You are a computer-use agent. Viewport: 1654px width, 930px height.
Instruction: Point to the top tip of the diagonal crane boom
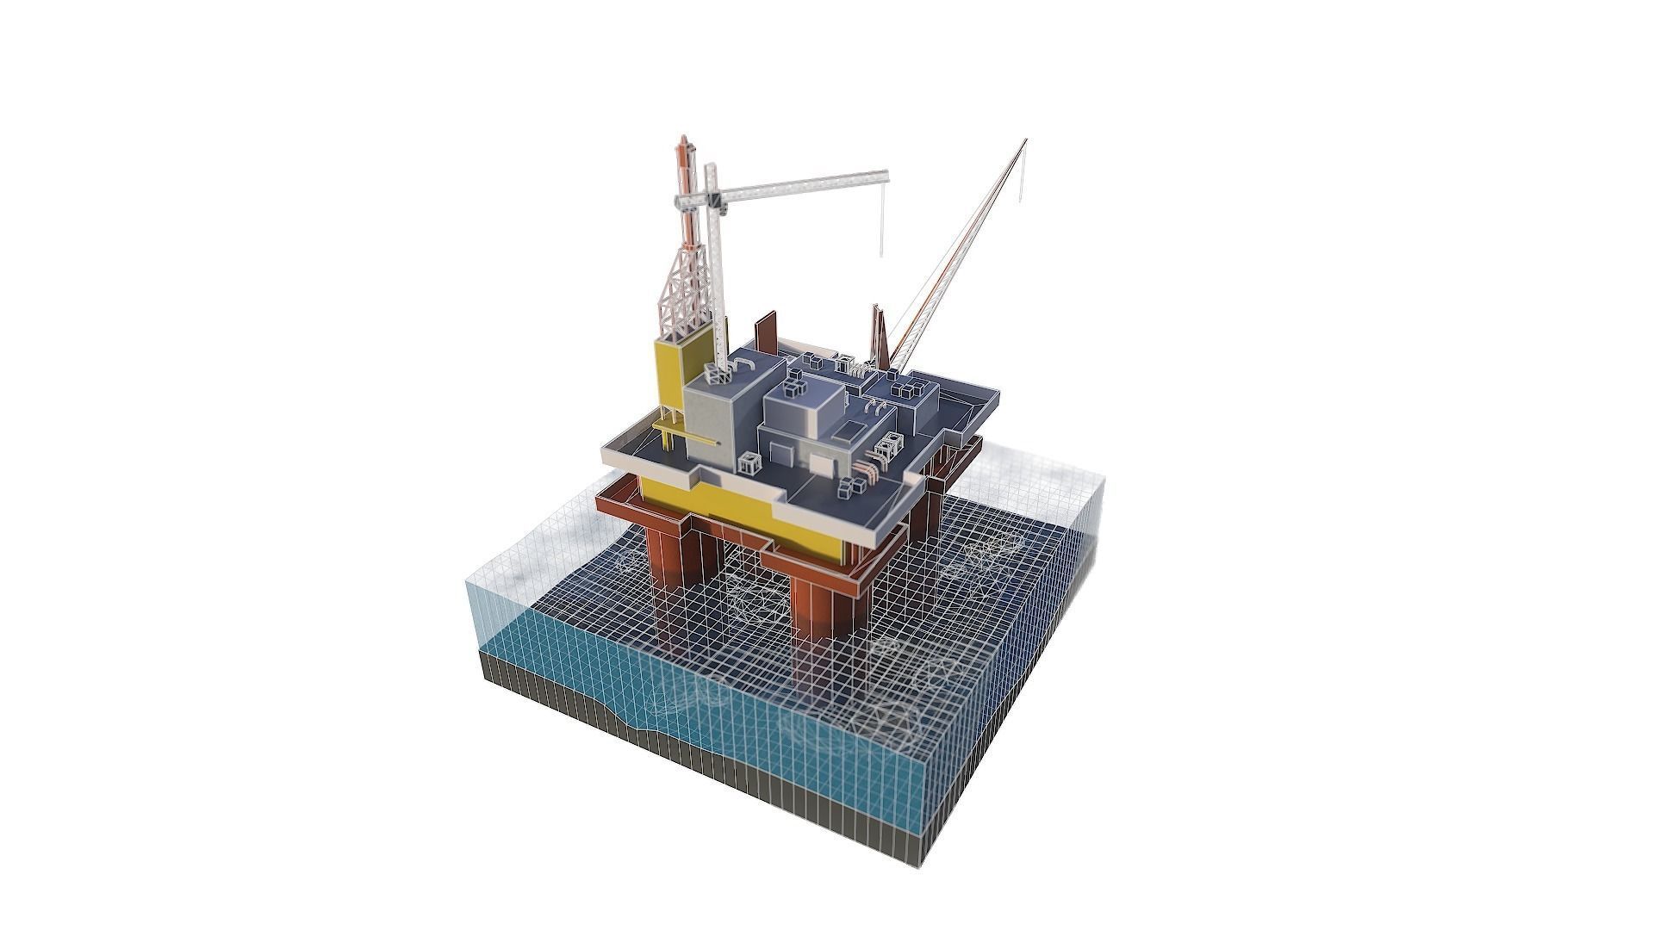(1025, 141)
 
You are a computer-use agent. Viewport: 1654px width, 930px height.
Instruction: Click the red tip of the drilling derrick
(683, 139)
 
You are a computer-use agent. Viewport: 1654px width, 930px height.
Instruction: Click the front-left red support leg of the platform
(672, 551)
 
